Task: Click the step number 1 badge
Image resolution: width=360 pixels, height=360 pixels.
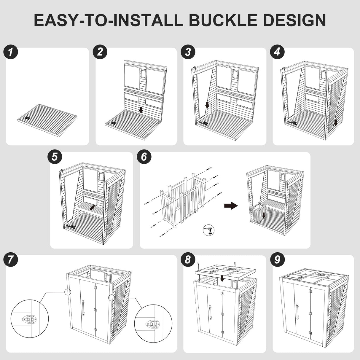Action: coord(11,52)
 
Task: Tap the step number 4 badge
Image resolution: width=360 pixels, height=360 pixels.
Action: coord(277,52)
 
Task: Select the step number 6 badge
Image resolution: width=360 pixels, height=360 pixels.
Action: coord(144,157)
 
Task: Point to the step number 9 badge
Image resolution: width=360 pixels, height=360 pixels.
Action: coord(277,259)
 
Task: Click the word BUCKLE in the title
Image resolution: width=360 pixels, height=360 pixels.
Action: coord(223,20)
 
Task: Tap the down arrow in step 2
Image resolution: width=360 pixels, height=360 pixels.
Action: coord(141,110)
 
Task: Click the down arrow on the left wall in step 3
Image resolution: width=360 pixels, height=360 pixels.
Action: coord(207,105)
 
